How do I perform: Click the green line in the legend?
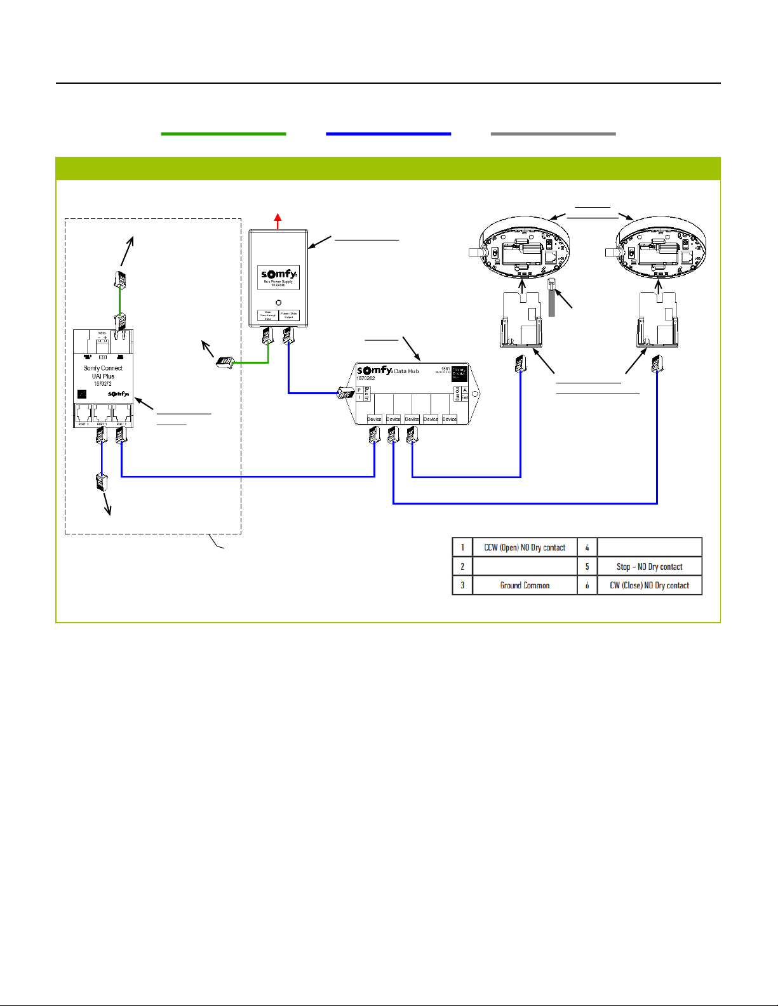click(224, 134)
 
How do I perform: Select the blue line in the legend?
click(388, 134)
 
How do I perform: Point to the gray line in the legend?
click(553, 134)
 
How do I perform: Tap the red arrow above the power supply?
click(278, 221)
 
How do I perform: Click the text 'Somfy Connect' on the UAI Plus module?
click(103, 368)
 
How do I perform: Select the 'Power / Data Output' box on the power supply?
click(289, 315)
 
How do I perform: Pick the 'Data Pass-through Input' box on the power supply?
click(267, 315)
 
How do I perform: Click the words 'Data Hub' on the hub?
click(406, 371)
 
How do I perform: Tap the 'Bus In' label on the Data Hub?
click(366, 394)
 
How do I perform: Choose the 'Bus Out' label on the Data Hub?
click(457, 394)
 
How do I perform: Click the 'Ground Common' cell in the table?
click(525, 585)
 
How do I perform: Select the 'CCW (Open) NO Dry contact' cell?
click(525, 548)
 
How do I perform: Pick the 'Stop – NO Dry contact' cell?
click(649, 567)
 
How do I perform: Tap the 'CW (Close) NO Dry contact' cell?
click(649, 585)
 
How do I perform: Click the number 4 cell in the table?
click(587, 548)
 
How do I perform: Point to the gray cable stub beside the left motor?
click(551, 298)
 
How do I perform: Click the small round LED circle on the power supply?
click(278, 302)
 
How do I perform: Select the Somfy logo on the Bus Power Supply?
click(279, 275)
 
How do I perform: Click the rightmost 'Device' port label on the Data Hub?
click(450, 419)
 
